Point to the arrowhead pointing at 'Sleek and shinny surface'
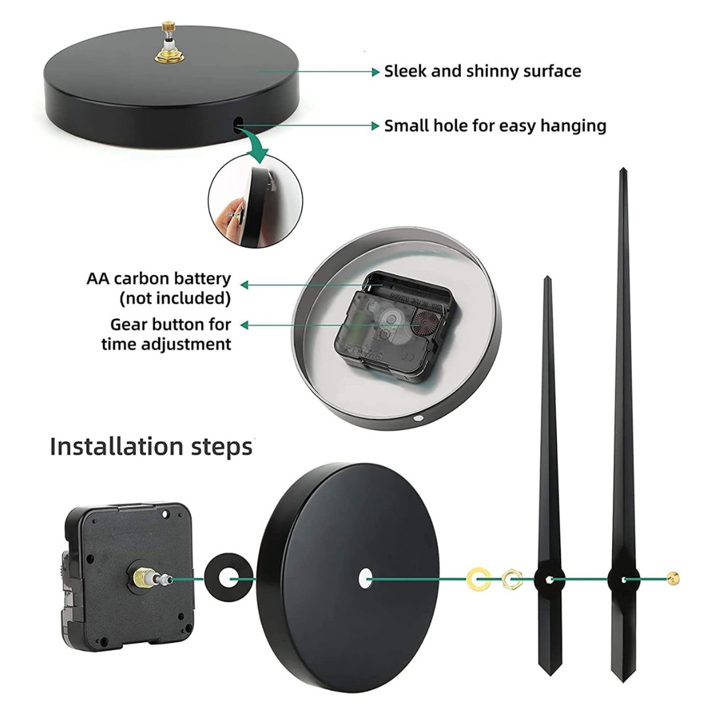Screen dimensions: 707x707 (x=376, y=72)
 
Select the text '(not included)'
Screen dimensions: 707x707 (x=175, y=299)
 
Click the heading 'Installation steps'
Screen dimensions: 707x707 (x=151, y=447)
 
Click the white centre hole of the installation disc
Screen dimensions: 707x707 (x=365, y=579)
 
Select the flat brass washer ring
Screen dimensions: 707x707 (x=479, y=579)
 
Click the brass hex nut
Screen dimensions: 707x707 (x=512, y=579)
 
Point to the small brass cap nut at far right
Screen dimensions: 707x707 (x=673, y=578)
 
